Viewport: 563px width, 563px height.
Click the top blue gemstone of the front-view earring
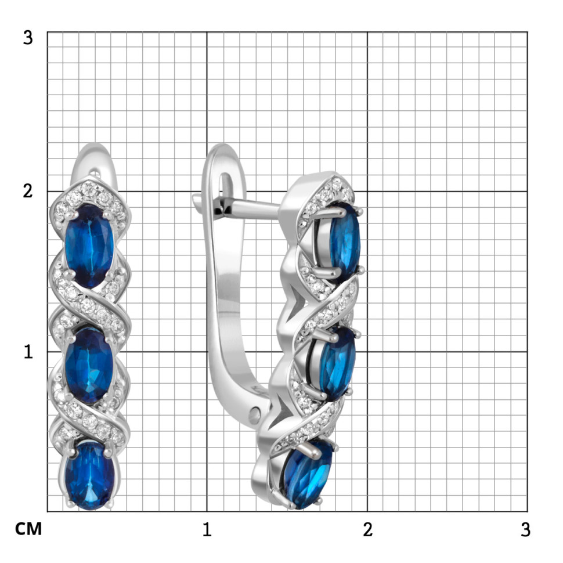click(89, 246)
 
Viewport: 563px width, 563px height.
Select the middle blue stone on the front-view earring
click(89, 366)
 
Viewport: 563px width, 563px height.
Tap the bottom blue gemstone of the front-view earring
click(90, 475)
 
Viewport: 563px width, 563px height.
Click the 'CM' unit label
click(28, 529)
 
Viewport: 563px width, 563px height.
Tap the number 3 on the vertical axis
click(28, 37)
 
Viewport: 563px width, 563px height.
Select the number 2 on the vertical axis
click(28, 191)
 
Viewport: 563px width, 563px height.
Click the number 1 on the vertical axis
click(28, 352)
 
